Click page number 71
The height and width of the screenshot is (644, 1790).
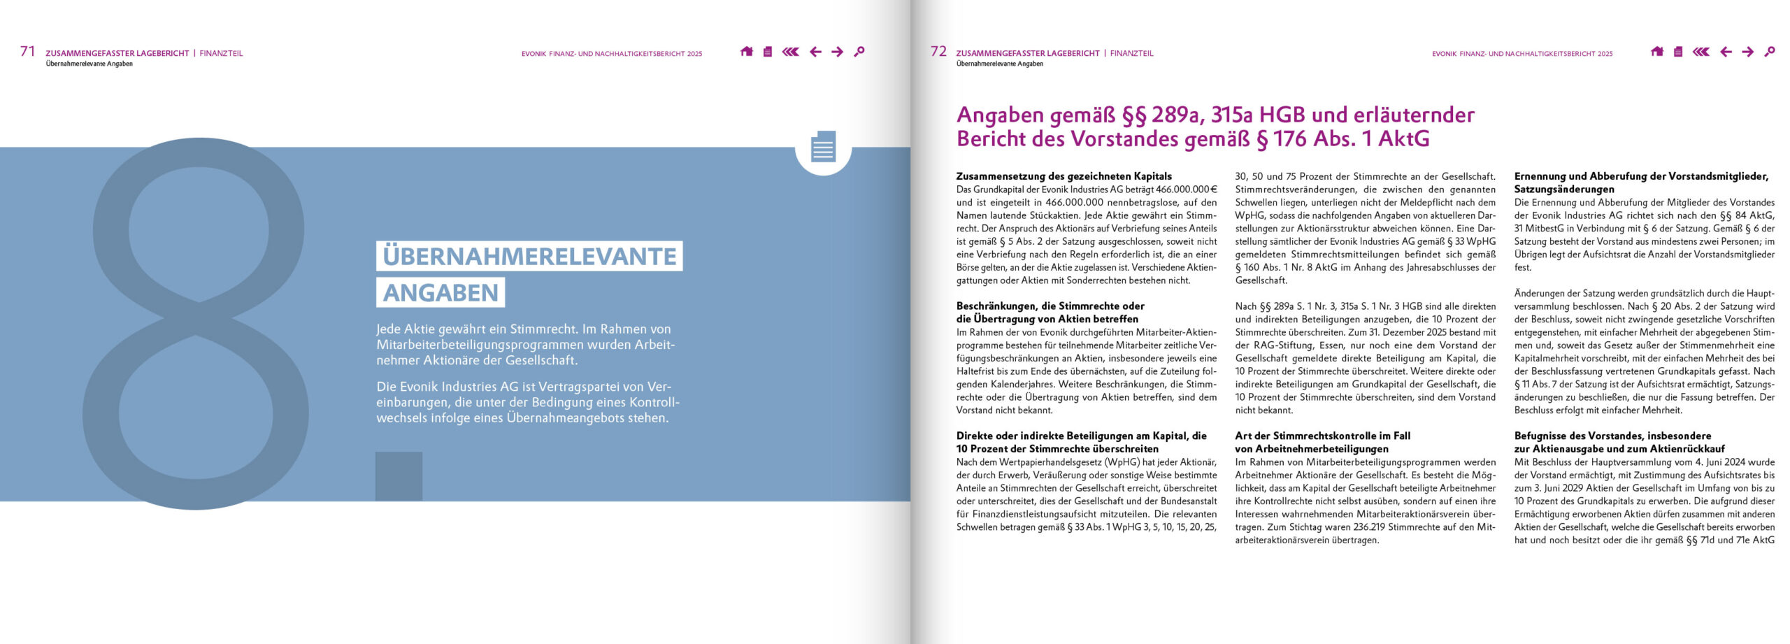tap(27, 51)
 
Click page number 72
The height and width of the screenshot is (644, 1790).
tap(938, 51)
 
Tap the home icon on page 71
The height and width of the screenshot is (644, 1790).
tap(747, 52)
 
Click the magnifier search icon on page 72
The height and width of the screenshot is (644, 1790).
tap(1770, 52)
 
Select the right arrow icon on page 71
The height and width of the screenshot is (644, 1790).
tap(837, 52)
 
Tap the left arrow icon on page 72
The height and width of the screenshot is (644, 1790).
tap(1726, 52)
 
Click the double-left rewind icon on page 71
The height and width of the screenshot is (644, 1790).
tap(791, 52)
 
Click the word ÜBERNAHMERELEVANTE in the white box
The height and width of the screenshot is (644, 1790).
tap(529, 256)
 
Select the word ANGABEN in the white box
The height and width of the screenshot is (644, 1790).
tap(441, 292)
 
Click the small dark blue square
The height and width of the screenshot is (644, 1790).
tap(399, 476)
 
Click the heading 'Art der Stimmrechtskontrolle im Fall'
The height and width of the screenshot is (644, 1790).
tap(1322, 436)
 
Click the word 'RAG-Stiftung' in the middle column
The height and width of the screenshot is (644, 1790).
tap(1276, 345)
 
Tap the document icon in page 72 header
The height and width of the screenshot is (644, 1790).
tap(1678, 52)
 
